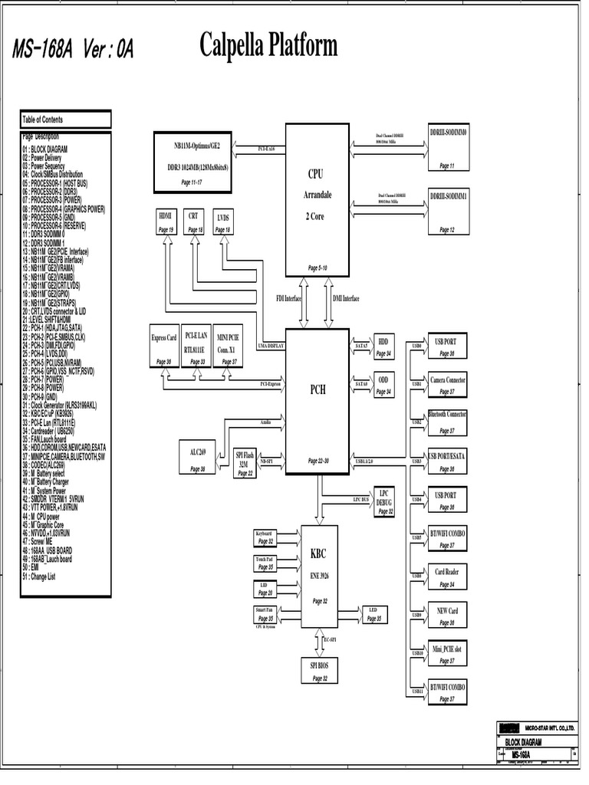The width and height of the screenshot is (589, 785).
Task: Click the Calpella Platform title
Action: pos(268,47)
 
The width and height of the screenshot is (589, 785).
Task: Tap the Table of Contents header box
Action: pos(65,120)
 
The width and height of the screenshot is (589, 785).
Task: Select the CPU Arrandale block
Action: pos(317,199)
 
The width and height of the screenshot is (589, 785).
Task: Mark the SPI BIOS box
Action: pos(319,671)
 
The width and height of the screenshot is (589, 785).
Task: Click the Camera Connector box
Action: pos(447,385)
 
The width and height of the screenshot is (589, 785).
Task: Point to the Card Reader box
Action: pos(447,577)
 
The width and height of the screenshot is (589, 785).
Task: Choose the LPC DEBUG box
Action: pos(383,501)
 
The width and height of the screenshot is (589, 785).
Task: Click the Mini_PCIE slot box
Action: pos(447,653)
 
